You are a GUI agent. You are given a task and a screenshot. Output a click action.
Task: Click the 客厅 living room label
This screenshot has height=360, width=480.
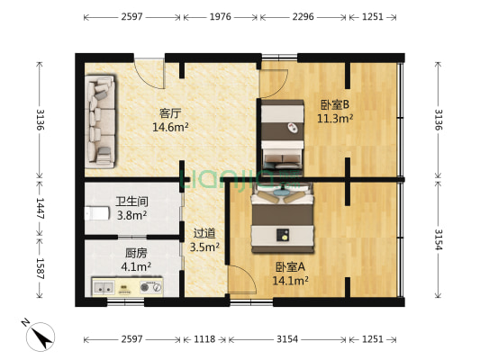coord(170,113)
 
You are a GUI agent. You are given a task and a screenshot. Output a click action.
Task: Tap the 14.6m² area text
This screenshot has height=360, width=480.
coord(170,127)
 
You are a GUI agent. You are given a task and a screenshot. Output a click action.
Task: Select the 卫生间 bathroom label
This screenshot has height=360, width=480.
coord(132,202)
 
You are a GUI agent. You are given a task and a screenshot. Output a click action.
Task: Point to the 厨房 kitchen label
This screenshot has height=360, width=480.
coord(136,253)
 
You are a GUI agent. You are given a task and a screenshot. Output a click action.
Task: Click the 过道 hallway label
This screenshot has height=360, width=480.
coord(204,234)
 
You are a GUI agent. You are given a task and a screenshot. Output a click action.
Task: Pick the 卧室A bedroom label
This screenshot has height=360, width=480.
coord(290,267)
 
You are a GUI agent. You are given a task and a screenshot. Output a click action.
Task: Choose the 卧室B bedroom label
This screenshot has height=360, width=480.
coord(335,104)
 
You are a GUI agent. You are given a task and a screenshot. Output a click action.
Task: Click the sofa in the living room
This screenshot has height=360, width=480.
coord(100,121)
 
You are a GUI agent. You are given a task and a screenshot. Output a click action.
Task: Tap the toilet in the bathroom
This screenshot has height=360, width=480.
coord(97,213)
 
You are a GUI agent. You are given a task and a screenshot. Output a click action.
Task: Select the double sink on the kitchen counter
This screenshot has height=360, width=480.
coord(104,287)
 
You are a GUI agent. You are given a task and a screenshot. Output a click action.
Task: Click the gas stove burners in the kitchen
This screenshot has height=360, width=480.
coord(150,287)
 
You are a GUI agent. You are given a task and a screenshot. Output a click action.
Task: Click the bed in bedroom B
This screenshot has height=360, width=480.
coord(282,138)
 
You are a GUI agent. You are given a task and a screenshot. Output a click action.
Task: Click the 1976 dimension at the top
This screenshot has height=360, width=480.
coord(220,17)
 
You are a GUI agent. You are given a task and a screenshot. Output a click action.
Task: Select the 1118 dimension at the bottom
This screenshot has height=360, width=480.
coord(204,339)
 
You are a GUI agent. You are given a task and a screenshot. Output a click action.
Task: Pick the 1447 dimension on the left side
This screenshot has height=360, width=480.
coord(40,208)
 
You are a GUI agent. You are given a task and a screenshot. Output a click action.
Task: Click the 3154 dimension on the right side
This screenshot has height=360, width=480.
coord(439,239)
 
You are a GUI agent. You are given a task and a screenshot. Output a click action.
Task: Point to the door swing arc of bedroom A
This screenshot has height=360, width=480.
coord(247,277)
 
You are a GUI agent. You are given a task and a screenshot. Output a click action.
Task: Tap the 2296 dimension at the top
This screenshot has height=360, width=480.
coord(303,17)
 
